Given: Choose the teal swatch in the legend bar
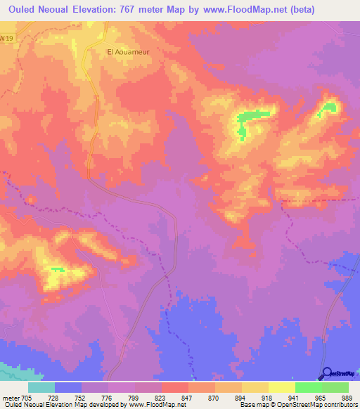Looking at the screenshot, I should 41,387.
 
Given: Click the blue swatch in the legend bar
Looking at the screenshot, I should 68,387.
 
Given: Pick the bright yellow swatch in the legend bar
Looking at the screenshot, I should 281,387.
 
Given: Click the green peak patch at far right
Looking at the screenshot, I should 329,108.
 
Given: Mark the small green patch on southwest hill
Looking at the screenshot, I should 56,270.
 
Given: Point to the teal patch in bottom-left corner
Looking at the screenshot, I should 8,370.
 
